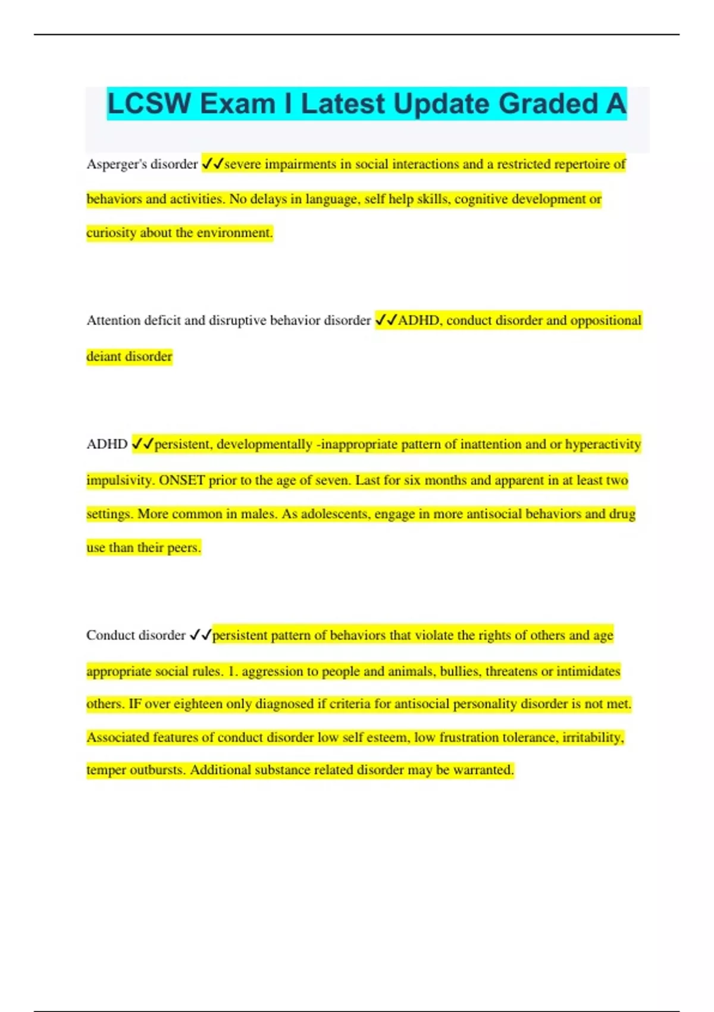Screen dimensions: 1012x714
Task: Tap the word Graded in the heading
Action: tap(548, 104)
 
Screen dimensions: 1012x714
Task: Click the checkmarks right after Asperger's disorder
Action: tap(212, 164)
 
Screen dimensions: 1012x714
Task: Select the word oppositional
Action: tap(606, 320)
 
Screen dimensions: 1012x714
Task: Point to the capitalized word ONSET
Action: tap(181, 480)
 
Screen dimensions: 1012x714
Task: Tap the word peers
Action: tap(183, 548)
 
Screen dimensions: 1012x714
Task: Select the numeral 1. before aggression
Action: tap(233, 671)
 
